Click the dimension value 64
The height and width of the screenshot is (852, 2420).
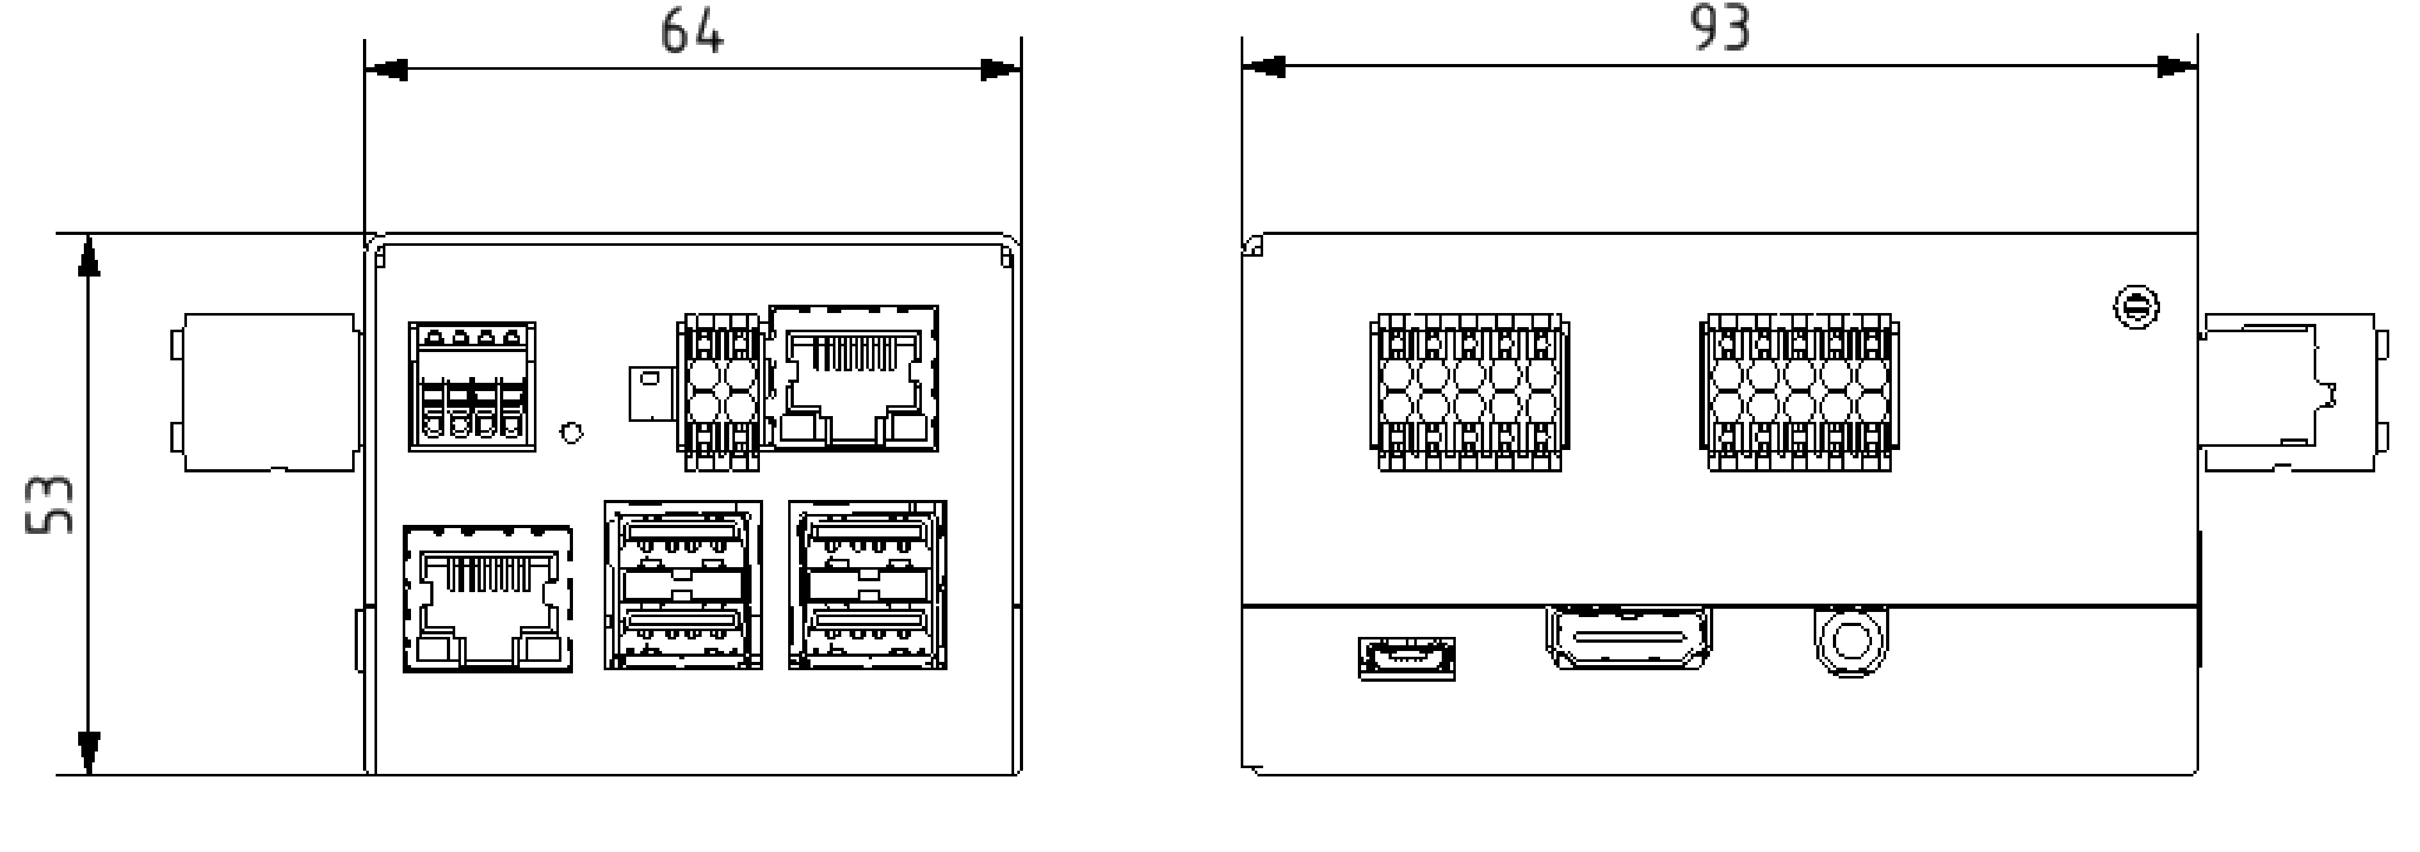[691, 31]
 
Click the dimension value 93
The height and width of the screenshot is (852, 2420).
[1720, 28]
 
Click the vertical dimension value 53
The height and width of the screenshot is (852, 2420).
[49, 504]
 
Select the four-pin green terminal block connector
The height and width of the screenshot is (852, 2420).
[472, 386]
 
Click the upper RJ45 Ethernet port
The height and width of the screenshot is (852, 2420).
[853, 378]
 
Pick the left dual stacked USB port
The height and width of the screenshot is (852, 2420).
[683, 584]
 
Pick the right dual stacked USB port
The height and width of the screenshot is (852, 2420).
[867, 584]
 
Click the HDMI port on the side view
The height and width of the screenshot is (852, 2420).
[1628, 638]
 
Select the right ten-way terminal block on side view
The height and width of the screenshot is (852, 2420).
[1799, 392]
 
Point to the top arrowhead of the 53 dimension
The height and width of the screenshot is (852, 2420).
[88, 255]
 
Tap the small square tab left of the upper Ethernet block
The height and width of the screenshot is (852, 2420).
[650, 392]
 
